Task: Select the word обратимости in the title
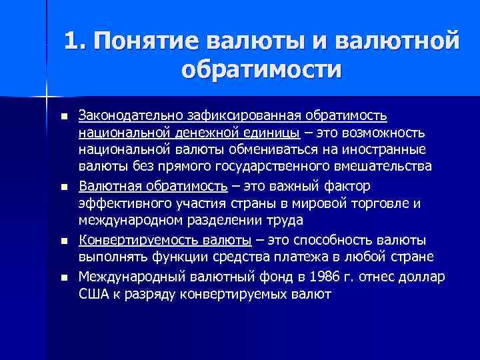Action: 261,69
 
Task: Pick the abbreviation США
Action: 93,293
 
